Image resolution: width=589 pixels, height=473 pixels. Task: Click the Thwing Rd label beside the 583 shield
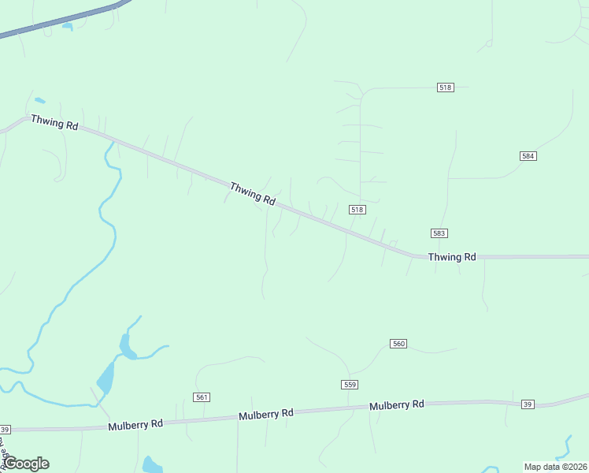coord(452,257)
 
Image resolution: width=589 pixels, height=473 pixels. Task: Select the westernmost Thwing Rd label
coord(54,124)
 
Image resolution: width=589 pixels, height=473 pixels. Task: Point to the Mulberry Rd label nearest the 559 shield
coord(397,404)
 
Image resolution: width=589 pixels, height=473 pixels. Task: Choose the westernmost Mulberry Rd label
coord(135,423)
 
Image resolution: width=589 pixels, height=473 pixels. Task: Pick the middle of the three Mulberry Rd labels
coord(265,414)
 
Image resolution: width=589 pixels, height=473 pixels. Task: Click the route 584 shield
coord(528,156)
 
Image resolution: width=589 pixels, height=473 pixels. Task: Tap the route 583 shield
coord(439,233)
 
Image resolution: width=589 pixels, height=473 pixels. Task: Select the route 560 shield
coord(398,344)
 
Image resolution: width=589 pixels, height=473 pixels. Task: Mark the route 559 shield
coord(350,384)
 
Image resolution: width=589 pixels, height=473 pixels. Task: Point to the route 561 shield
coord(202,397)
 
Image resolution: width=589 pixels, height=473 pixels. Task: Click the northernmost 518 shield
coord(445,88)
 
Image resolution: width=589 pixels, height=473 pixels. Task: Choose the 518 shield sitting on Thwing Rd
coord(357,209)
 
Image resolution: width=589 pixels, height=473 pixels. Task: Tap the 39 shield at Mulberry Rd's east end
coord(528,404)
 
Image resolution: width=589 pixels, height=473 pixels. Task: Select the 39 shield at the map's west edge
coord(5,430)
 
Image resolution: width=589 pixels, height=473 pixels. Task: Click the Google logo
coord(26,464)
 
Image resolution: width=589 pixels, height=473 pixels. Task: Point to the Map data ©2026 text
coord(555,467)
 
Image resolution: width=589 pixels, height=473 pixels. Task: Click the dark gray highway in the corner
coord(63,19)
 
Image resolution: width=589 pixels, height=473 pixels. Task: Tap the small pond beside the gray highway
coord(67,27)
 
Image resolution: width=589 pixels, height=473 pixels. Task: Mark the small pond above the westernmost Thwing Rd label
coord(39,101)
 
